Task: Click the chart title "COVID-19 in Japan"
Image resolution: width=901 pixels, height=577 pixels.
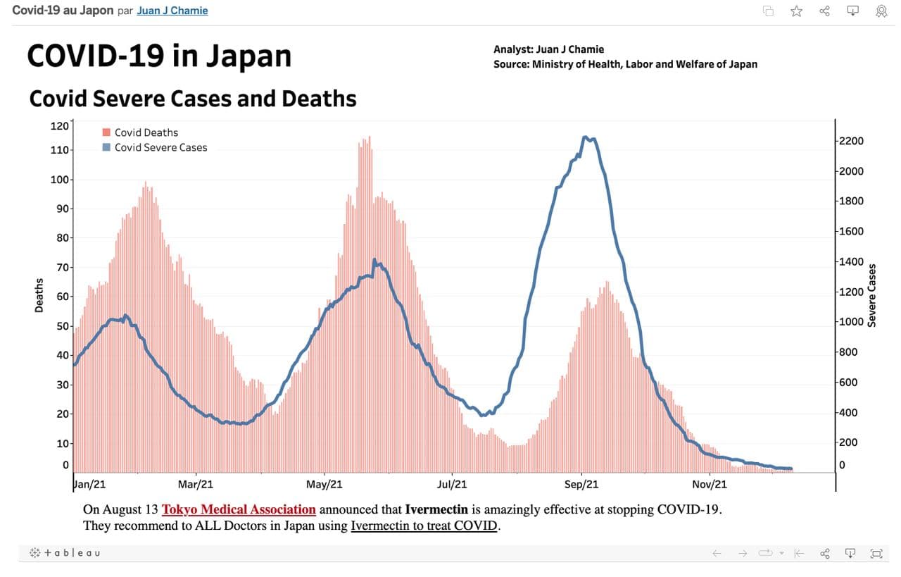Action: [159, 56]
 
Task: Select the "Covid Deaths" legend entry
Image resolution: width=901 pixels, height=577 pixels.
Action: [146, 132]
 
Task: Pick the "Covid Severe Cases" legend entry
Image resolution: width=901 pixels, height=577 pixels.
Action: [160, 147]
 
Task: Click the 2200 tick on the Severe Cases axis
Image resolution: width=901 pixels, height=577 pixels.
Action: [850, 141]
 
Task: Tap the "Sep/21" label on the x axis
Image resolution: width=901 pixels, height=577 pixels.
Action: [582, 484]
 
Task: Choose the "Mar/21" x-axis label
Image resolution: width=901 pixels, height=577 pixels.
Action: [196, 484]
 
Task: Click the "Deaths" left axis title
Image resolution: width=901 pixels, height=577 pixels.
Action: [39, 295]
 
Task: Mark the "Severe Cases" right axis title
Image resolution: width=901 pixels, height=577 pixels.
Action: [872, 295]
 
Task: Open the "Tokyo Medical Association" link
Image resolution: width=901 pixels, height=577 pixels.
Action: [239, 509]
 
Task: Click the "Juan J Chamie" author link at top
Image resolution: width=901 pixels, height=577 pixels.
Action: [172, 11]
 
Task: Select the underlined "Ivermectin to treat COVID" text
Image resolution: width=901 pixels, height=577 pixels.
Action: [424, 526]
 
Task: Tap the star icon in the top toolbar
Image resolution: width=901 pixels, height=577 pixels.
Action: [796, 11]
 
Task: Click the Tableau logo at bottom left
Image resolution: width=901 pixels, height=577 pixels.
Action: [65, 553]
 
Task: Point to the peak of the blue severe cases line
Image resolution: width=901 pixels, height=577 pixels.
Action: [585, 137]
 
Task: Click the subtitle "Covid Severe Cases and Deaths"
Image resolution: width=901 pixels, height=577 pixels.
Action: [193, 99]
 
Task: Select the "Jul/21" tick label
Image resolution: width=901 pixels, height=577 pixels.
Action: [452, 484]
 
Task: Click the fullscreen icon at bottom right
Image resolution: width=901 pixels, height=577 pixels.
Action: [876, 553]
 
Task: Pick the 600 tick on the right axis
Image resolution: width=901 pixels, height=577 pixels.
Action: [847, 383]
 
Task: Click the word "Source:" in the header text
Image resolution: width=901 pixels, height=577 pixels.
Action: [511, 64]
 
